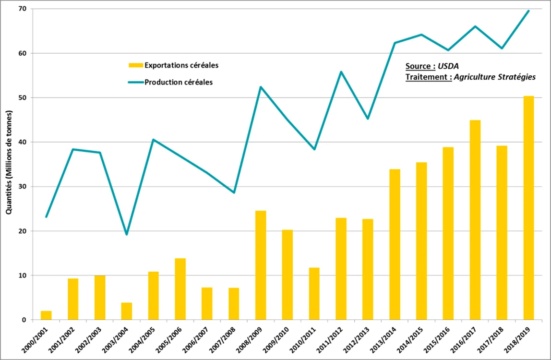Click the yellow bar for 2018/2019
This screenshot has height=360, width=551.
pyautogui.click(x=528, y=208)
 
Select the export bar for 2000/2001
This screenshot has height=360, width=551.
pyautogui.click(x=46, y=315)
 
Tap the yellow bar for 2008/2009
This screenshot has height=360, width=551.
pyautogui.click(x=261, y=265)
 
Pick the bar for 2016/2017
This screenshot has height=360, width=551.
pyautogui.click(x=475, y=220)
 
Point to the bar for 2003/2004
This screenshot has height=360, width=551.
pyautogui.click(x=127, y=311)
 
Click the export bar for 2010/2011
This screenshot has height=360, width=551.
pyautogui.click(x=314, y=294)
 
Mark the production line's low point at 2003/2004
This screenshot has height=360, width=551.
pyautogui.click(x=127, y=235)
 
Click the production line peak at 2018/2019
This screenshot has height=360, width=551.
pyautogui.click(x=528, y=11)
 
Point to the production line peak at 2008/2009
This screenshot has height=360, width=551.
pyautogui.click(x=261, y=87)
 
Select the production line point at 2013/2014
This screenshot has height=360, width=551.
pyautogui.click(x=395, y=43)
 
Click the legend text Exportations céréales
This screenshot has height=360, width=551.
pyautogui.click(x=181, y=65)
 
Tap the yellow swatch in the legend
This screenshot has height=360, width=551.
pyautogui.click(x=136, y=65)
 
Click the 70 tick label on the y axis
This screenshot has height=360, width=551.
pyautogui.click(x=22, y=9)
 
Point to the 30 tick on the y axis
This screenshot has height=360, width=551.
pyautogui.click(x=22, y=187)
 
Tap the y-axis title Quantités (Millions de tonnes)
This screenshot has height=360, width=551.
pyautogui.click(x=9, y=162)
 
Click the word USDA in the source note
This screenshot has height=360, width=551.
pyautogui.click(x=448, y=66)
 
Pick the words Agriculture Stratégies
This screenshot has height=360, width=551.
pyautogui.click(x=495, y=77)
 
